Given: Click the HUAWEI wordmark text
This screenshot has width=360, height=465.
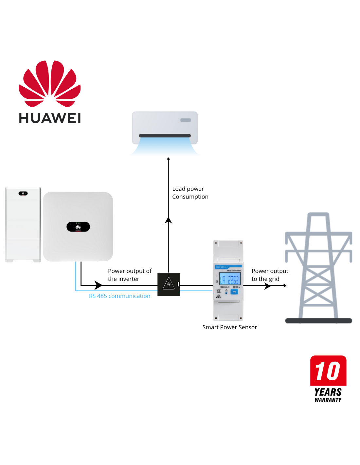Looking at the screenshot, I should [50, 118].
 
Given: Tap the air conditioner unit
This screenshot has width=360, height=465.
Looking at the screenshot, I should [165, 128].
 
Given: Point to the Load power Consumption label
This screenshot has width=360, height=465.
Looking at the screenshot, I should [190, 193].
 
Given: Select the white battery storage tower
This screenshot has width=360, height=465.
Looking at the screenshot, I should [23, 225].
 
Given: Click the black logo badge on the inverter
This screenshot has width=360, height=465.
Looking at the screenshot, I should [78, 227].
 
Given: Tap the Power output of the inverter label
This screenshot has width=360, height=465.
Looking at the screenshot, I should [130, 275].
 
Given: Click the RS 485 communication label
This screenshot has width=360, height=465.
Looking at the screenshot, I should [119, 296].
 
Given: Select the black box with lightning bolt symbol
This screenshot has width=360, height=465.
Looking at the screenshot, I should [169, 284].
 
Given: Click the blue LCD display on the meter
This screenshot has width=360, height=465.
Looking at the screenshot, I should [230, 279].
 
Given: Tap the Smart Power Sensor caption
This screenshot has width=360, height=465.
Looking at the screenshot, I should [229, 327].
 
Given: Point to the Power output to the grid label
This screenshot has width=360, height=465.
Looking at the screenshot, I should [270, 275].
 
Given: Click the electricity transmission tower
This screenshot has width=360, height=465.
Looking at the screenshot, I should [318, 268].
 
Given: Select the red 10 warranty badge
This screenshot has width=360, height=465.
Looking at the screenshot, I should [328, 370].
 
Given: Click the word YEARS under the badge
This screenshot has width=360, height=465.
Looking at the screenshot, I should [328, 392].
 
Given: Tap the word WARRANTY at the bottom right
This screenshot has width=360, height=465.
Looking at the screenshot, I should [328, 400].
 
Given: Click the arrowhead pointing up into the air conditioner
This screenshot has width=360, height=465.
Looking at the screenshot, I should [169, 159].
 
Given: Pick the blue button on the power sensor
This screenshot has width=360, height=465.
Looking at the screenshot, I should [234, 292].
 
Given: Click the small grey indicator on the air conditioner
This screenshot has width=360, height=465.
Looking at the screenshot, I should [186, 120].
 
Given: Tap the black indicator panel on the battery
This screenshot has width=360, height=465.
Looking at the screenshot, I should [23, 193].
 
